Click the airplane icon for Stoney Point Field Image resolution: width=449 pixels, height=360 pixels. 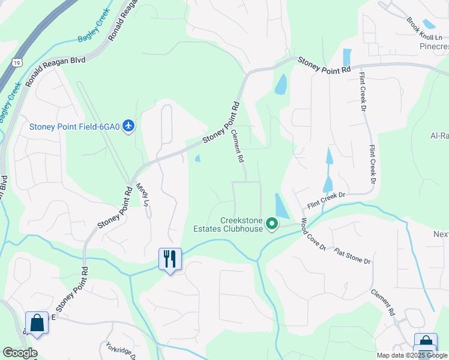click(128, 126)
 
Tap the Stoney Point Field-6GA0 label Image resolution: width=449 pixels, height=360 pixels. click(75, 127)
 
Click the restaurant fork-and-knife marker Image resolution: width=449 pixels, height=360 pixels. click(170, 259)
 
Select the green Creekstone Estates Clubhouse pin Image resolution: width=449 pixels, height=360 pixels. click(272, 224)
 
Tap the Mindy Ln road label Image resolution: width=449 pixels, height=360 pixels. click(142, 194)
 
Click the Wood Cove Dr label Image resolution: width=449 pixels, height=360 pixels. click(313, 235)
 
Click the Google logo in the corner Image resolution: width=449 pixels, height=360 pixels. click(20, 353)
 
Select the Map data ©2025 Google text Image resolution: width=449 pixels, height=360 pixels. click(411, 355)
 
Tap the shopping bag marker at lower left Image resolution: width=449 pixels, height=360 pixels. click(37, 323)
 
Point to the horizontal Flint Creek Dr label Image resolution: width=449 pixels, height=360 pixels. click(327, 199)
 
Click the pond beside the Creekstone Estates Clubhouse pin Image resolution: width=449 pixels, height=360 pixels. click(281, 205)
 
